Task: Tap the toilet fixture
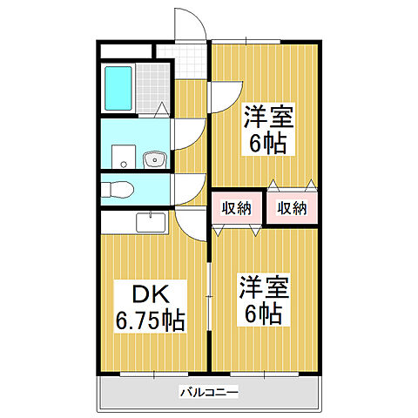(x=118, y=188)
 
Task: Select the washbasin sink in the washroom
(x=155, y=159)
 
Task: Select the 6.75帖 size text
(x=149, y=320)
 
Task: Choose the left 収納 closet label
(x=235, y=207)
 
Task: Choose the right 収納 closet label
(x=292, y=207)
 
